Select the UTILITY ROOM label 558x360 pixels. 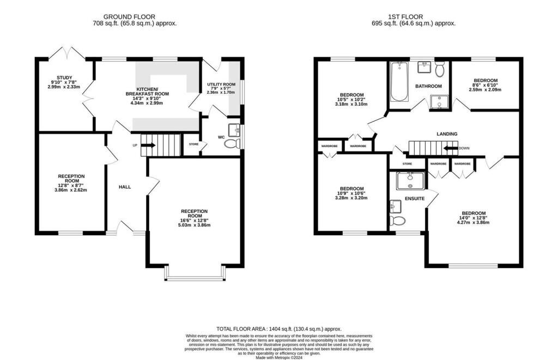[221, 84]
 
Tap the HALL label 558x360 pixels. [125, 187]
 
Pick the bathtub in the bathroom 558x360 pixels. [399, 82]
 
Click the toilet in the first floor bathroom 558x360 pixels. [440, 69]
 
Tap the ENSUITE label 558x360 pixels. [414, 199]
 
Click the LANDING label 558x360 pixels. [446, 134]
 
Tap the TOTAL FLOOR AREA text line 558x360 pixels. [278, 329]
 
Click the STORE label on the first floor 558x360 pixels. [407, 163]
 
